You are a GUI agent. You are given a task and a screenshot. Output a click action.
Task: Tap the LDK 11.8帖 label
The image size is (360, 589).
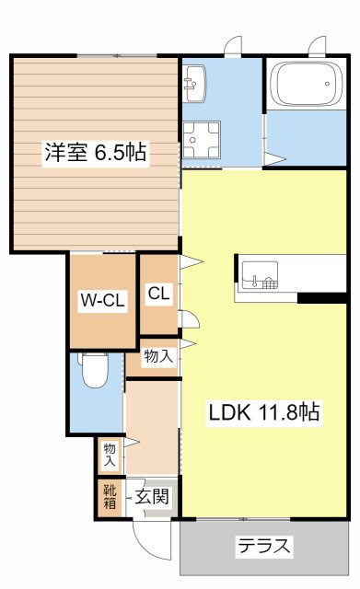pyautogui.click(x=262, y=412)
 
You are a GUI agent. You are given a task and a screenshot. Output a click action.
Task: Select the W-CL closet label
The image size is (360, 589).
pyautogui.click(x=101, y=299)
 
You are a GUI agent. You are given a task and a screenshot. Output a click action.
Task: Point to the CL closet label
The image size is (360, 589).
pyautogui.click(x=158, y=294)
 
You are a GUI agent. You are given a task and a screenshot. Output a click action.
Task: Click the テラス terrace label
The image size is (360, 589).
pyautogui.click(x=265, y=547)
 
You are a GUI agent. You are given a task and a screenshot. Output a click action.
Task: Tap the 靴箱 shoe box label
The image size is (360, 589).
pyautogui.click(x=110, y=497)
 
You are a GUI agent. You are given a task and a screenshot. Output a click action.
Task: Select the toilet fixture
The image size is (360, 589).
pyautogui.click(x=95, y=373)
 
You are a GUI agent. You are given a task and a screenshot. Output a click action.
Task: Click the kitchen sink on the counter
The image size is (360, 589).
pyautogui.click(x=259, y=274)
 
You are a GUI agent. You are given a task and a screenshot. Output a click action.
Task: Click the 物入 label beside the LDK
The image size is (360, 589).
pyautogui.click(x=157, y=357)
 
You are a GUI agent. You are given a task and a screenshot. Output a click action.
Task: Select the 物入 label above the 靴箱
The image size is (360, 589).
pyautogui.click(x=110, y=453)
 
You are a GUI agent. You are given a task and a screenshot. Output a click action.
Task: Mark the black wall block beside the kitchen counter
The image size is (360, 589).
pyautogui.click(x=327, y=296)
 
